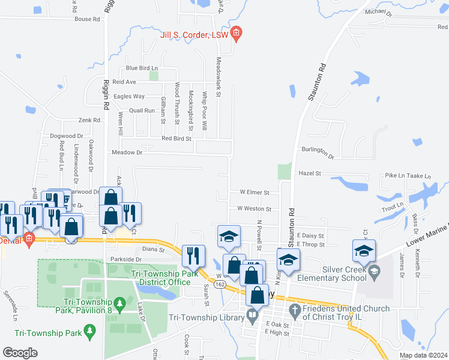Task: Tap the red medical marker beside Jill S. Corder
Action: (x=236, y=33)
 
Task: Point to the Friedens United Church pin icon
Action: (x=294, y=310)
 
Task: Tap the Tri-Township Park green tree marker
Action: (x=90, y=330)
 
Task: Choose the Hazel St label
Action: (x=310, y=173)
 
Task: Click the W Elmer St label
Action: (x=255, y=193)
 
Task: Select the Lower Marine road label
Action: (x=428, y=233)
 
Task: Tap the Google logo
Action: (x=20, y=353)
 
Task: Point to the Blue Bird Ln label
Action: (x=141, y=68)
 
